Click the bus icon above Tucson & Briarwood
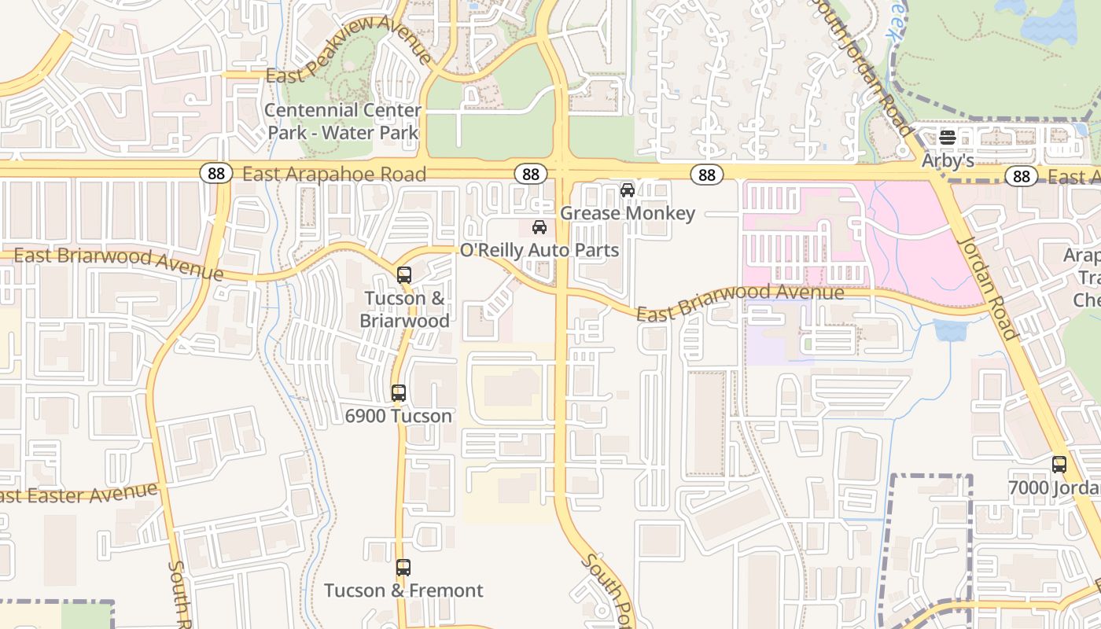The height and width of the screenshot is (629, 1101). [404, 275]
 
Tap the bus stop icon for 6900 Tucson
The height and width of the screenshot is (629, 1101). [399, 393]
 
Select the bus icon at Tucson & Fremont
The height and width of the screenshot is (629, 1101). [403, 567]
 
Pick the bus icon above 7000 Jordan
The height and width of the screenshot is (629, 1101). [1059, 465]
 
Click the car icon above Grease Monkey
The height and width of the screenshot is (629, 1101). [628, 190]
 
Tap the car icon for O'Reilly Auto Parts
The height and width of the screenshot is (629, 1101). [539, 228]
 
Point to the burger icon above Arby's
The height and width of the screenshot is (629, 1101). [948, 138]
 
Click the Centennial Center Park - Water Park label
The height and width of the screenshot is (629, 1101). [343, 121]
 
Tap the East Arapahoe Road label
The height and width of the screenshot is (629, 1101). [334, 174]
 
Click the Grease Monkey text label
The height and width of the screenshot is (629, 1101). [628, 213]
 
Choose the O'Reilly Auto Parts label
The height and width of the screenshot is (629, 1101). [539, 251]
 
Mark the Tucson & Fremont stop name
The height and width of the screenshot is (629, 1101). [403, 590]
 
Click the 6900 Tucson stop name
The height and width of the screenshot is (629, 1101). [399, 416]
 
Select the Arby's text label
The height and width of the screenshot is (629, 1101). [948, 160]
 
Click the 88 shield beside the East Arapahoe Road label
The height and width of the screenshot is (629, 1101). [215, 174]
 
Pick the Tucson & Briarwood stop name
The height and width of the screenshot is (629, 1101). [404, 310]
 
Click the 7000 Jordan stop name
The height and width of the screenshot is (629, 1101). [1054, 487]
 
